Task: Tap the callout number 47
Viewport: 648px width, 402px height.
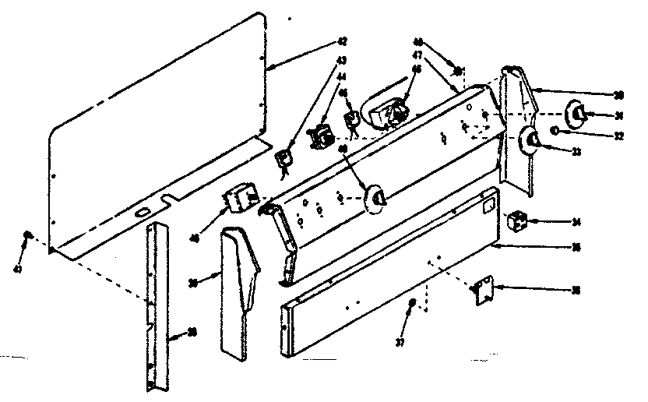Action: (417, 56)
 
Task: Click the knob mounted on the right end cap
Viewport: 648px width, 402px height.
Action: (533, 141)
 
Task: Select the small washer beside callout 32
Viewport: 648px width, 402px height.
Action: (555, 129)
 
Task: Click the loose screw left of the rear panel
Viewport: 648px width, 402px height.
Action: (27, 235)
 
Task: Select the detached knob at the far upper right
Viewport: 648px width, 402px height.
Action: (577, 113)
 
